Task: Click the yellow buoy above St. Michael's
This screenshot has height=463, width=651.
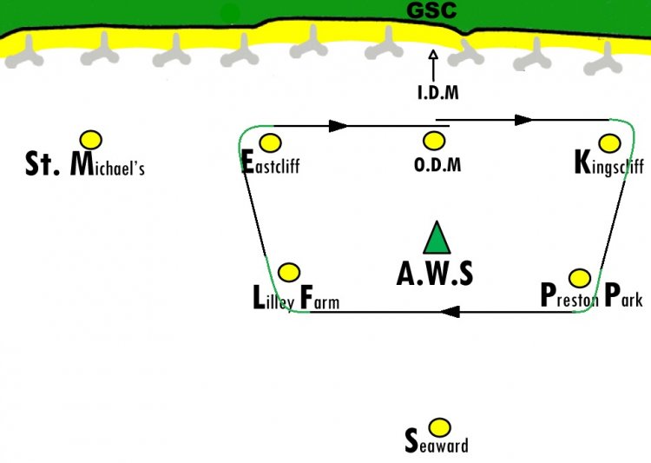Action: point(91,140)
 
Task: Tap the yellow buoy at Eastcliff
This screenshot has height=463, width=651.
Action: point(270,143)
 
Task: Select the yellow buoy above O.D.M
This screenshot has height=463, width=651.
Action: point(434,141)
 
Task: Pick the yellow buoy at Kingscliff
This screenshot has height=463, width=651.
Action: point(610,143)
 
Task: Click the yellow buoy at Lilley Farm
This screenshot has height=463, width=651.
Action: point(289,273)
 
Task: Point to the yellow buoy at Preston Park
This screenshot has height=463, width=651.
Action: point(580,278)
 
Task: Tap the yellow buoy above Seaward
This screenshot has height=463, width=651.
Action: point(439,427)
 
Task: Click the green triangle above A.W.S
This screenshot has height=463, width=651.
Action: point(437,237)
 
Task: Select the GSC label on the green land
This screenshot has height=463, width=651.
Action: point(431,10)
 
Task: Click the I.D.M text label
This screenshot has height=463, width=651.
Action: point(438,92)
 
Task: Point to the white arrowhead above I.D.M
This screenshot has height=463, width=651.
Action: point(433,55)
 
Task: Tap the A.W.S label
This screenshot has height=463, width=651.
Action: point(435,274)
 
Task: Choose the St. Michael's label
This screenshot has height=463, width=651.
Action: point(85,164)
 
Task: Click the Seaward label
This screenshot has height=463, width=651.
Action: point(437,441)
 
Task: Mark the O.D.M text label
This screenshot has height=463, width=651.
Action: point(437,164)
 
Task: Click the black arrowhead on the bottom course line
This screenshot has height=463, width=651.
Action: point(450,311)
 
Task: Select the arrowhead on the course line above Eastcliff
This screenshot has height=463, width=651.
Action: point(339,126)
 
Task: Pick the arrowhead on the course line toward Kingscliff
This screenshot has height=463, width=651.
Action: point(523,120)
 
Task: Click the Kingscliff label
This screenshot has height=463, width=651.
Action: point(609,163)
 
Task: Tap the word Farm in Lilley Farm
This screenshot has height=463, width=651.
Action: point(319,298)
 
